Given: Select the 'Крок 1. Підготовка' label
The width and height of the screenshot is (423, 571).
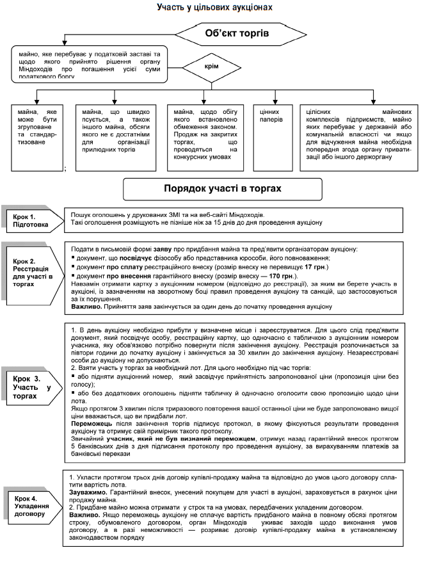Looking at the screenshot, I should (x=33, y=220).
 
